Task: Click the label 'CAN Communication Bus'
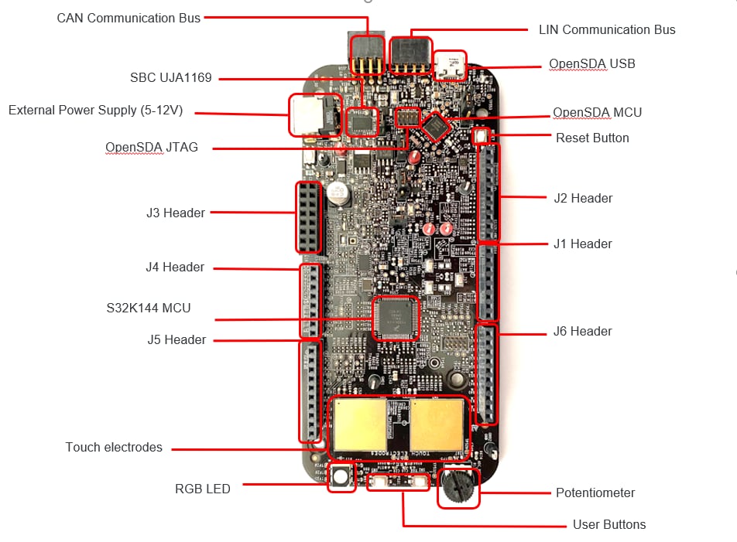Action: coord(129,18)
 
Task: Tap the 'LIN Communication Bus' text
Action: coord(607,30)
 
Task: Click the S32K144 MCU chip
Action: coord(395,318)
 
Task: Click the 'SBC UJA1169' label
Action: coord(171,77)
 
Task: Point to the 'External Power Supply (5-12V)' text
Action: coord(95,110)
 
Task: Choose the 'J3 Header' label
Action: coord(176,213)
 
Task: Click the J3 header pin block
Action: coord(307,217)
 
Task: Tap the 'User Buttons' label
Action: coord(609,524)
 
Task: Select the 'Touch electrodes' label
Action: coord(114,447)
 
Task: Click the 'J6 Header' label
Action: coord(582,331)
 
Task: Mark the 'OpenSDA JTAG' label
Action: coord(152,147)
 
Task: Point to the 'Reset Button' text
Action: coord(592,138)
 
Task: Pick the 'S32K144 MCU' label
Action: coord(149,308)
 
